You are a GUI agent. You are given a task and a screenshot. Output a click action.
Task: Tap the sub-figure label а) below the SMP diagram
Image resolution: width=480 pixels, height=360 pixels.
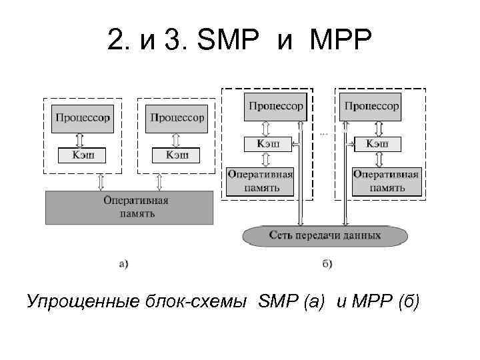tap(124, 263)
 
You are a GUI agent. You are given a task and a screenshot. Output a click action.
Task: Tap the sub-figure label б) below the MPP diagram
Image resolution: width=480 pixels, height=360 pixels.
tap(327, 263)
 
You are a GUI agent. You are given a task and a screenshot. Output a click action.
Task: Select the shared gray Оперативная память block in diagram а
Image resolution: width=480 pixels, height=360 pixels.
tap(129, 207)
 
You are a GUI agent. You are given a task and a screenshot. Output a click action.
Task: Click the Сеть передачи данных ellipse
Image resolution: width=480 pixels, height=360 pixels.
tap(325, 235)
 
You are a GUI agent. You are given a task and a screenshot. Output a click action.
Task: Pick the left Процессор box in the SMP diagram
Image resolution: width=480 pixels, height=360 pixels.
tap(83, 118)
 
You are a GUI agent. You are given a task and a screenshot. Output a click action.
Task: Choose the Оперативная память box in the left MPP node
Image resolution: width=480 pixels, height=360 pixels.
tap(261, 181)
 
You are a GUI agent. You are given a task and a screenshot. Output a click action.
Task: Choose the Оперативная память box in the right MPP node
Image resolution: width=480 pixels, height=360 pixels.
tap(385, 181)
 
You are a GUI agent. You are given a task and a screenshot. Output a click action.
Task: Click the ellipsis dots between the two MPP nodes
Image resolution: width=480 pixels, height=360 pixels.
tap(324, 133)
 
